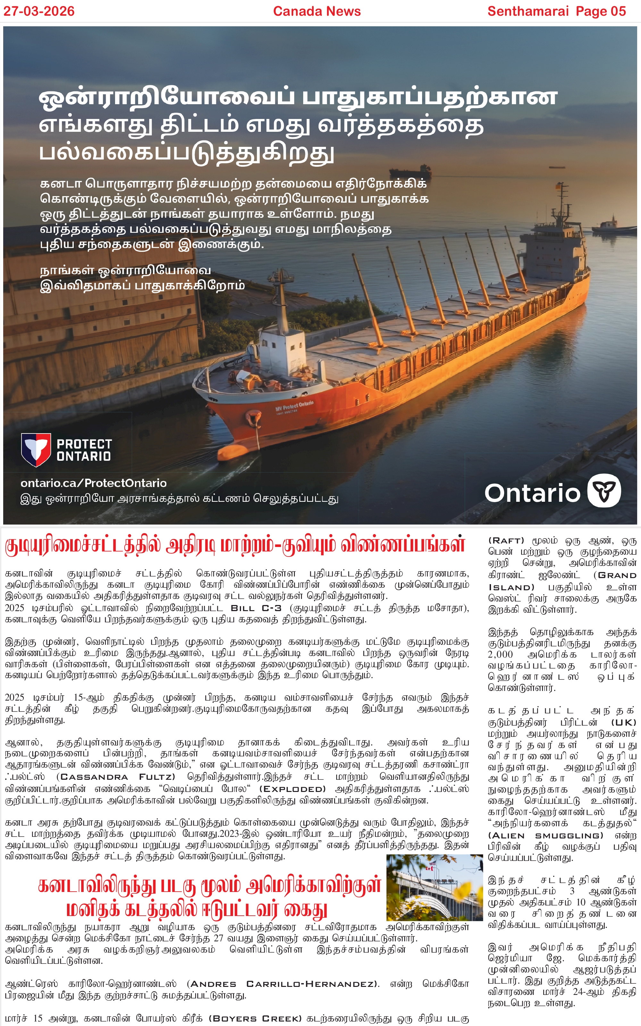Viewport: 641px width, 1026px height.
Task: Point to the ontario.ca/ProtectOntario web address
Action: point(93,483)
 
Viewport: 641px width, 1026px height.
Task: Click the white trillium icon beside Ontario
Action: point(604,491)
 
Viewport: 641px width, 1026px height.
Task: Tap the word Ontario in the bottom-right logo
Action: point(532,493)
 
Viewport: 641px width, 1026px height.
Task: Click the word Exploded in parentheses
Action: point(292,789)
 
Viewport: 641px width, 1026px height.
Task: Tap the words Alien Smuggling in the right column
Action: point(545,835)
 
